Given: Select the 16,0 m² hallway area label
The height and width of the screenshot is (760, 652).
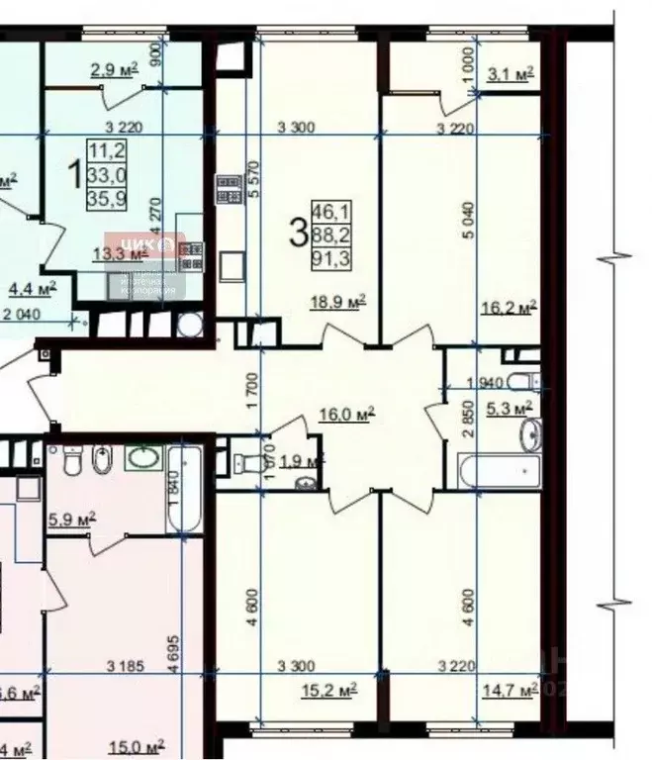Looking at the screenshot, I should click(x=353, y=416).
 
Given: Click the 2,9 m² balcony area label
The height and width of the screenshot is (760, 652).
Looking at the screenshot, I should click(x=114, y=71).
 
